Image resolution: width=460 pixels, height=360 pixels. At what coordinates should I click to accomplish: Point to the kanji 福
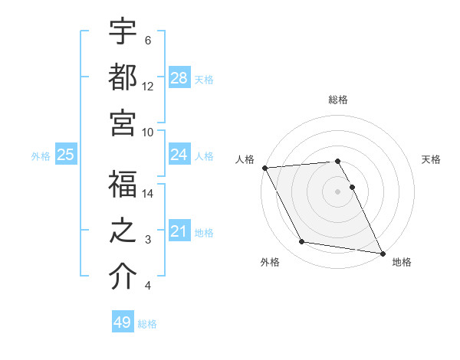(x=123, y=186)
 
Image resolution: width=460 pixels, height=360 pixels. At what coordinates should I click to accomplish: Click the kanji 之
(x=123, y=232)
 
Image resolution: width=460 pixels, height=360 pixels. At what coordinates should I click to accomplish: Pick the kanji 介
(x=123, y=278)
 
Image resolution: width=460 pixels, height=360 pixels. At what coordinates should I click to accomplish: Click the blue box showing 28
(x=179, y=77)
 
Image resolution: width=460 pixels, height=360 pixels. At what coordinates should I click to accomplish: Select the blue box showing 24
(x=179, y=155)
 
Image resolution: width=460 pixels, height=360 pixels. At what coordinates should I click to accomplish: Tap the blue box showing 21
(x=179, y=231)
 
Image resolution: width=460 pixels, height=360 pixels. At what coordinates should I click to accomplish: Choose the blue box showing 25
(x=66, y=155)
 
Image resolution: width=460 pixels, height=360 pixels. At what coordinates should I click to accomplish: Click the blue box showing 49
(x=123, y=322)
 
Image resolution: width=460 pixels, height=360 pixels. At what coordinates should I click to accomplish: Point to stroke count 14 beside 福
(x=148, y=194)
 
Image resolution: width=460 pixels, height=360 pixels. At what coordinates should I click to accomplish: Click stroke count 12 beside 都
(x=148, y=87)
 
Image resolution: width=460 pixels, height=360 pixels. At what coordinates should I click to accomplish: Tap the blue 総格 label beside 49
(x=147, y=323)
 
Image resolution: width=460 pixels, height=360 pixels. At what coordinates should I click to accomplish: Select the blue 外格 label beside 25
(x=41, y=155)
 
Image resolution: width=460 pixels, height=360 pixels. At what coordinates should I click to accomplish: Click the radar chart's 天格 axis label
(x=431, y=159)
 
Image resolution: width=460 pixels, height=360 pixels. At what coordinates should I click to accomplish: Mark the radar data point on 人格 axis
(x=264, y=168)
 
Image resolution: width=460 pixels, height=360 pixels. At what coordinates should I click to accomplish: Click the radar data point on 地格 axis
(x=381, y=253)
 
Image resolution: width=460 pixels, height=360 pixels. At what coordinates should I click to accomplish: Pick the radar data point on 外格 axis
(x=302, y=242)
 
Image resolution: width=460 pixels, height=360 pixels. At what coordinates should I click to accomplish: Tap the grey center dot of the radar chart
(x=337, y=191)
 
